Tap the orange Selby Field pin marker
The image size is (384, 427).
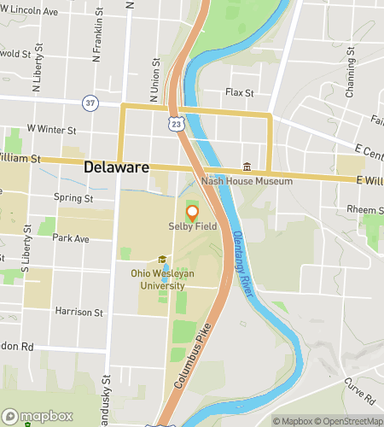pyautogui.click(x=192, y=213)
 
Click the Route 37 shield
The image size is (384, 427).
pyautogui.click(x=90, y=102)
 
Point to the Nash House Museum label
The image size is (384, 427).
pyautogui.click(x=247, y=181)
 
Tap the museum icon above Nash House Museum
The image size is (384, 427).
pyautogui.click(x=247, y=167)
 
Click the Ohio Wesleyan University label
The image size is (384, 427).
pyautogui.click(x=162, y=278)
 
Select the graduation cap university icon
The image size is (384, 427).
pyautogui.click(x=161, y=260)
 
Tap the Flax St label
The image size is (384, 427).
pyautogui.click(x=240, y=92)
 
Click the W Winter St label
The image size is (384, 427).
pyautogui.click(x=52, y=130)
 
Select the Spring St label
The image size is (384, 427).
pyautogui.click(x=73, y=198)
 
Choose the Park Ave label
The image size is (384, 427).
pyautogui.click(x=71, y=238)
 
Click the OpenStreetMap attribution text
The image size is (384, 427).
pyautogui.click(x=350, y=420)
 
